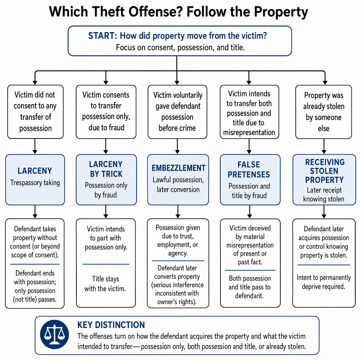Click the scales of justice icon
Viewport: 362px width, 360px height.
(54, 334)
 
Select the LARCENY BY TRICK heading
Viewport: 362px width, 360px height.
(106, 169)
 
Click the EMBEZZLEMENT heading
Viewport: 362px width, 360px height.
(178, 168)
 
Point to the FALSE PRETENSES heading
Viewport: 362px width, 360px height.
(249, 169)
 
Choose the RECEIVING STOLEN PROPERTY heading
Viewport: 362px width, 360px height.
(324, 171)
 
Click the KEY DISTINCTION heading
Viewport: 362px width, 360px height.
(111, 325)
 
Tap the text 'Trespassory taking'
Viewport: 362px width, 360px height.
(35, 183)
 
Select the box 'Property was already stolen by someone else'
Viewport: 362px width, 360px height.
(323, 112)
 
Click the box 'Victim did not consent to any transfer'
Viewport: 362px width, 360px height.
(35, 112)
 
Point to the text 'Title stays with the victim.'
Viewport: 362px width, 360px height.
(105, 284)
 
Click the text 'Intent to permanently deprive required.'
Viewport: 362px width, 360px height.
(324, 282)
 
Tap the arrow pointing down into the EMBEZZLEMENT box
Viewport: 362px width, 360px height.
(177, 146)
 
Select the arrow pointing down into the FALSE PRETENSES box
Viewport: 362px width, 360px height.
(249, 146)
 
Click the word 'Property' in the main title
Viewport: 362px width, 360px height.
(281, 12)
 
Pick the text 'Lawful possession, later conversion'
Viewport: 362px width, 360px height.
(178, 185)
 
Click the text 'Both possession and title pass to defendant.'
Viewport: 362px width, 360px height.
(249, 287)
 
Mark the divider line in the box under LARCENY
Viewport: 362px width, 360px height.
(35, 264)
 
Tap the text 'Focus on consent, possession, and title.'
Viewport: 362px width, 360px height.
(180, 47)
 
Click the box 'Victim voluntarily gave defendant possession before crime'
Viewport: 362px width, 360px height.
(177, 112)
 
